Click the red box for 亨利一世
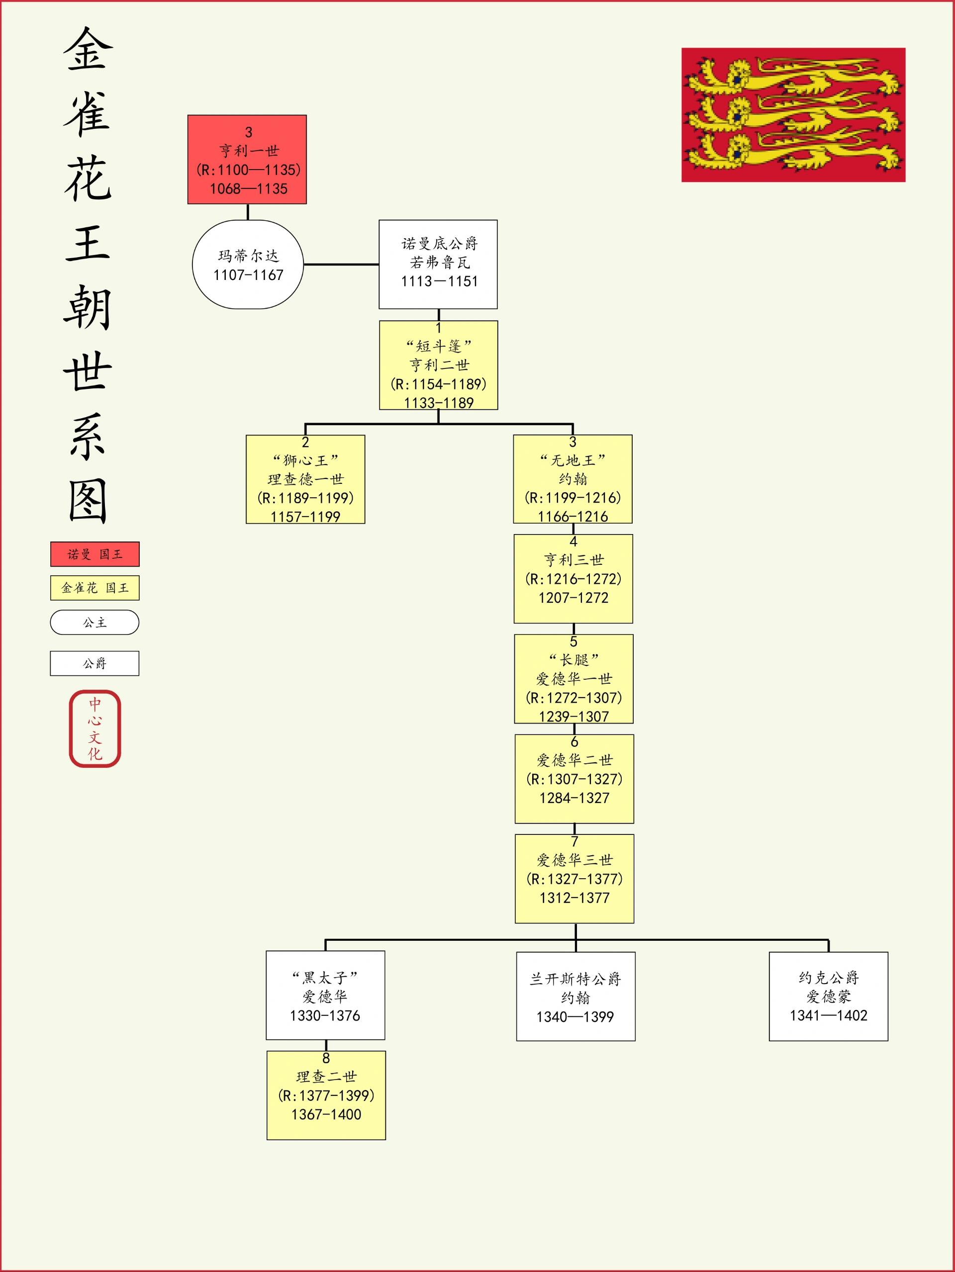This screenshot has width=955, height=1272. click(247, 159)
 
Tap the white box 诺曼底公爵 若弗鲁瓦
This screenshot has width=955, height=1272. click(438, 264)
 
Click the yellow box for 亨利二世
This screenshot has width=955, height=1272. click(438, 365)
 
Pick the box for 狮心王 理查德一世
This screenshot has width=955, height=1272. click(305, 479)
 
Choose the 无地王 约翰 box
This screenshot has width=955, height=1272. click(573, 479)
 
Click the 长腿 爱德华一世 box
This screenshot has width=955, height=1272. click(573, 679)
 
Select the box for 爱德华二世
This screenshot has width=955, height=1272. click(574, 779)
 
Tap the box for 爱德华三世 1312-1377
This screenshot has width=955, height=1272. click(574, 879)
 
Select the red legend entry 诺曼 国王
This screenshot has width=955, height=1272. click(95, 554)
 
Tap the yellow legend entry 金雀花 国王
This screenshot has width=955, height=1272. click(95, 588)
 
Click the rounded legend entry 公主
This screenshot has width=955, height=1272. click(95, 622)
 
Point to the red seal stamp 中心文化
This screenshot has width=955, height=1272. click(95, 728)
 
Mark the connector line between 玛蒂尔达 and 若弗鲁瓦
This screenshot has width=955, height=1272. click(341, 265)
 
